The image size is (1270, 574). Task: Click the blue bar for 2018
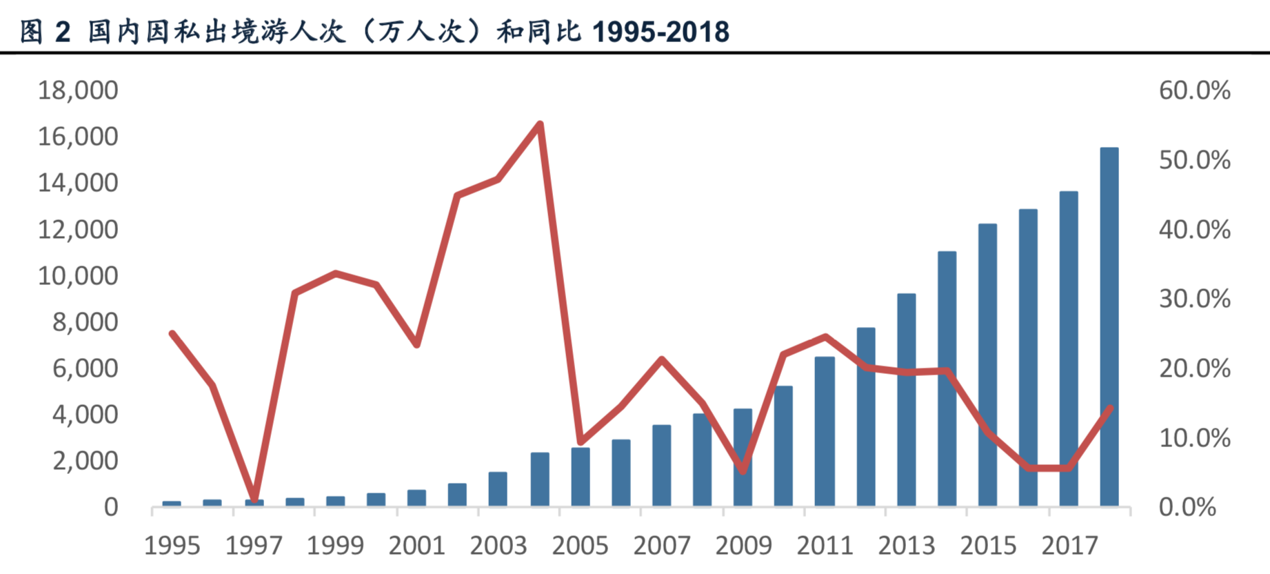pyautogui.click(x=1109, y=327)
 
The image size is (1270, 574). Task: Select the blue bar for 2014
pyautogui.click(x=947, y=379)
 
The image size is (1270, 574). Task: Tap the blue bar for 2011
pyautogui.click(x=825, y=431)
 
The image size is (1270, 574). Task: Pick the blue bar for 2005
pyautogui.click(x=581, y=477)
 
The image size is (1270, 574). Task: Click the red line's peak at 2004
pyautogui.click(x=541, y=124)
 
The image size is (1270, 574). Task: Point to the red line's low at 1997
pyautogui.click(x=254, y=498)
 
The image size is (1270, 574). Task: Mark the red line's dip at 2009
pyautogui.click(x=743, y=471)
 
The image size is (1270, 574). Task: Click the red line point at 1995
pyautogui.click(x=172, y=333)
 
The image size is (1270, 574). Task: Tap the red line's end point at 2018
pyautogui.click(x=1109, y=408)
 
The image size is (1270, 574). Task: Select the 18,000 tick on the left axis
pyautogui.click(x=78, y=90)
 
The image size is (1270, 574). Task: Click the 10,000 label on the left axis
pyautogui.click(x=78, y=276)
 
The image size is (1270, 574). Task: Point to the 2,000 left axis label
pyautogui.click(x=85, y=461)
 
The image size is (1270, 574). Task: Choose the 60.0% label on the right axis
pyautogui.click(x=1194, y=90)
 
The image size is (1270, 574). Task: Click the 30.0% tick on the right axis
pyautogui.click(x=1194, y=299)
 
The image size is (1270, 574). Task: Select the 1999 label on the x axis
pyautogui.click(x=335, y=546)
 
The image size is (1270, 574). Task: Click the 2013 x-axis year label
pyautogui.click(x=906, y=546)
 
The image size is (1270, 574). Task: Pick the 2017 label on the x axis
pyautogui.click(x=1069, y=546)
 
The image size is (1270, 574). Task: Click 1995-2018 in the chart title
pyautogui.click(x=660, y=32)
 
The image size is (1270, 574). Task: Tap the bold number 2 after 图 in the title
pyautogui.click(x=63, y=32)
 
